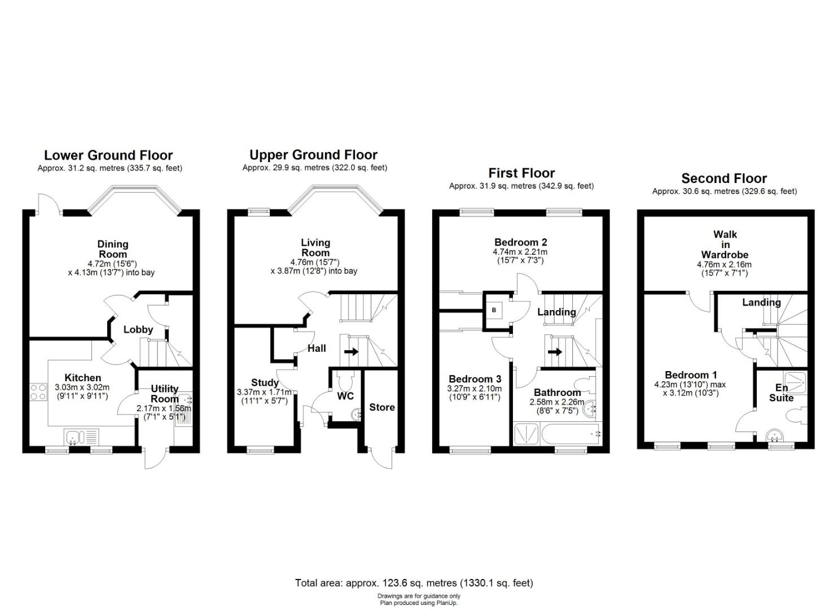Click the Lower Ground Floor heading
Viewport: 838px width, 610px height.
tap(108, 155)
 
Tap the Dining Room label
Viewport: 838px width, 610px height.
tap(113, 249)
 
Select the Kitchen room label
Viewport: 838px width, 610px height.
tap(83, 377)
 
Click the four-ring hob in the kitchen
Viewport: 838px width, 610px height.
tap(38, 391)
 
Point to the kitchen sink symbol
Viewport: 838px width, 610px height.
tap(82, 437)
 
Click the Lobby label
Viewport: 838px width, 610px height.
tap(138, 329)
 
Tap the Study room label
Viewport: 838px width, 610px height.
tap(265, 383)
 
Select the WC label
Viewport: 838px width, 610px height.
tap(345, 396)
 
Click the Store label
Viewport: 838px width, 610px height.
tap(382, 407)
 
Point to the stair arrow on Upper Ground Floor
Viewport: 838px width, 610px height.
tap(351, 352)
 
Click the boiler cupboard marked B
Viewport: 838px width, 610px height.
tap(494, 311)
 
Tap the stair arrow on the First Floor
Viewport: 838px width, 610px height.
tap(555, 352)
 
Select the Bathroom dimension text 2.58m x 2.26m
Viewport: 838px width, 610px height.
tap(557, 402)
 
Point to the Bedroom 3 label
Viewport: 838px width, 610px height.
tap(475, 379)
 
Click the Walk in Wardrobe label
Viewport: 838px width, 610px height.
tap(725, 245)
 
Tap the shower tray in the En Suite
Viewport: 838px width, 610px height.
tap(795, 382)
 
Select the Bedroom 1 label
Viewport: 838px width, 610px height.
tap(691, 375)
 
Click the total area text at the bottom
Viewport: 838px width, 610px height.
tap(414, 583)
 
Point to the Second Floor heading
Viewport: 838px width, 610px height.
tap(724, 178)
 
